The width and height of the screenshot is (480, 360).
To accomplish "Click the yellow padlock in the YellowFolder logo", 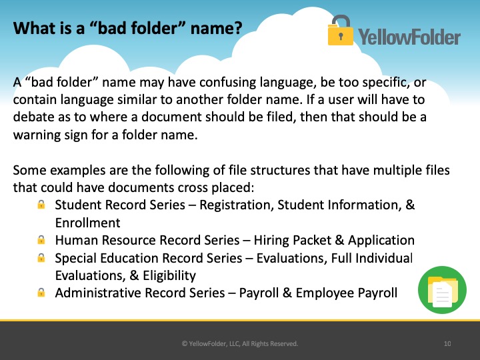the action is point(340,31).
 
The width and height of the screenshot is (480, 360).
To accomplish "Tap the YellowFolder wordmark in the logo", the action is point(409,37).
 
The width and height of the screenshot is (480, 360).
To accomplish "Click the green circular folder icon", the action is point(442,289).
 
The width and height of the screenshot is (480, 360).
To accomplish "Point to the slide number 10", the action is point(447,343).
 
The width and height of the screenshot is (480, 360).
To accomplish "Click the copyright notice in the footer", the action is point(240,343).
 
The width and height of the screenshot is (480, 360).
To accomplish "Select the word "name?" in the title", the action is point(216,28).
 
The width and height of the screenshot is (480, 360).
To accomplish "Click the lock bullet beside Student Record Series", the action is point(41,204).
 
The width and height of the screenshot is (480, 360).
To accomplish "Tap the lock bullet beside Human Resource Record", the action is point(41,240).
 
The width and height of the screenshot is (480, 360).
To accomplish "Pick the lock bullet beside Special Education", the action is point(41,258).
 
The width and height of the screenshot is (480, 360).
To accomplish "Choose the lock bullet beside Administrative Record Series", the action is point(41,293).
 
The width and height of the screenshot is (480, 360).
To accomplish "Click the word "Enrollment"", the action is point(87,223).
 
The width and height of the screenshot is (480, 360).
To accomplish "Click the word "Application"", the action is point(381,240).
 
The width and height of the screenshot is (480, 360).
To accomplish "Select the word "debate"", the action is point(33,117).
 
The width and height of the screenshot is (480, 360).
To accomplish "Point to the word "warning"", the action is point(37,135).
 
